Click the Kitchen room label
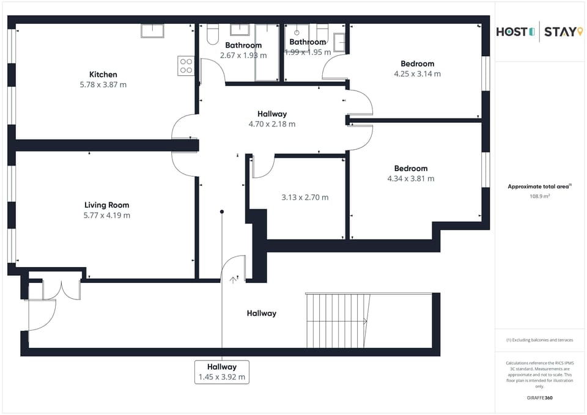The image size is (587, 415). pos(103,75)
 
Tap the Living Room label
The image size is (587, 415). pos(106,205)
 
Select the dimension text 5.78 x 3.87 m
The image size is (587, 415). pos(103,85)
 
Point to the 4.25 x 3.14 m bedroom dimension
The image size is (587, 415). pos(417,74)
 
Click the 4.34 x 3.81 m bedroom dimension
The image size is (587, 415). pos(410,178)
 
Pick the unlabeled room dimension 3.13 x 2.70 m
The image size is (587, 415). pos(305,197)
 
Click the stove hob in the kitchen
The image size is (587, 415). pos(186,66)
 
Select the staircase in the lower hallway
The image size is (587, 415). pos(338,320)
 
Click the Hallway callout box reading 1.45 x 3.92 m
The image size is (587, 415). pos(221,372)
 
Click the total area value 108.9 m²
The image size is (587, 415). pos(539,196)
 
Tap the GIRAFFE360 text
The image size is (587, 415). pos(539,397)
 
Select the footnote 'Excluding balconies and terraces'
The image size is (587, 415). pos(539,340)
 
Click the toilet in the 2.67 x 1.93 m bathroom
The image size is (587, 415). pos(212,35)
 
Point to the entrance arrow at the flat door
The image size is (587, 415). pos(233,280)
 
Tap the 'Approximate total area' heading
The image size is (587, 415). pos(538,186)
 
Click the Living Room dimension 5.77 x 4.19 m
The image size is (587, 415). pos(106,215)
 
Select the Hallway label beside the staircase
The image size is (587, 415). pos(261,313)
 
